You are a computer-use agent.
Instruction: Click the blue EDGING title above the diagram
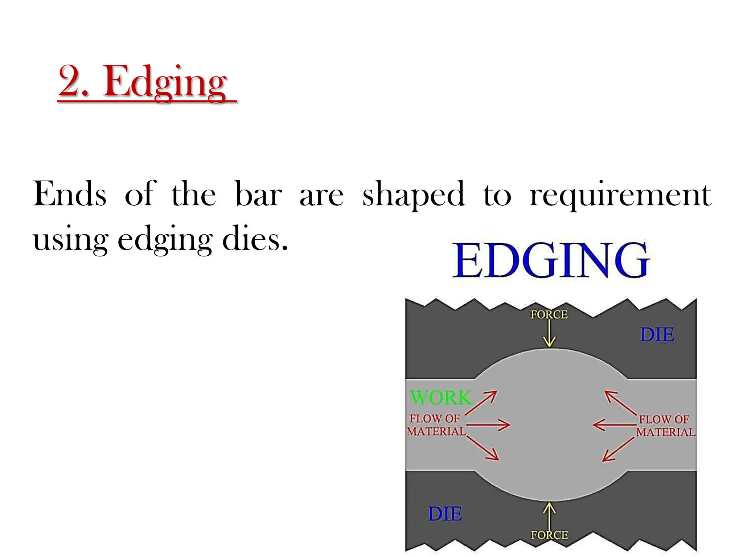click(x=551, y=260)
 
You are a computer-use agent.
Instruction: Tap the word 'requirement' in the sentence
click(x=620, y=195)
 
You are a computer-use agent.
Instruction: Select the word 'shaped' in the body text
click(x=413, y=195)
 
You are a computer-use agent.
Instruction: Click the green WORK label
click(x=440, y=397)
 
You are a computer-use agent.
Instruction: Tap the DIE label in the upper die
click(x=657, y=334)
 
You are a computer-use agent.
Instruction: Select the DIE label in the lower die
click(x=445, y=514)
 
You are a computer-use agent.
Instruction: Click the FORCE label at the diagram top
click(x=549, y=314)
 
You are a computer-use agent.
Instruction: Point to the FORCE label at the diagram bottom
click(x=549, y=535)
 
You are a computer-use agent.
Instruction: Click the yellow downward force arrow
click(x=549, y=334)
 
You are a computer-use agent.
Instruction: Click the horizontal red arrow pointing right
click(x=488, y=425)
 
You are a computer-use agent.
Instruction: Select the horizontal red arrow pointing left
click(x=614, y=425)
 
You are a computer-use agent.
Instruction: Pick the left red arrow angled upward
click(x=481, y=403)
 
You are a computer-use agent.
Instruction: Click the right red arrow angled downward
click(x=618, y=449)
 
